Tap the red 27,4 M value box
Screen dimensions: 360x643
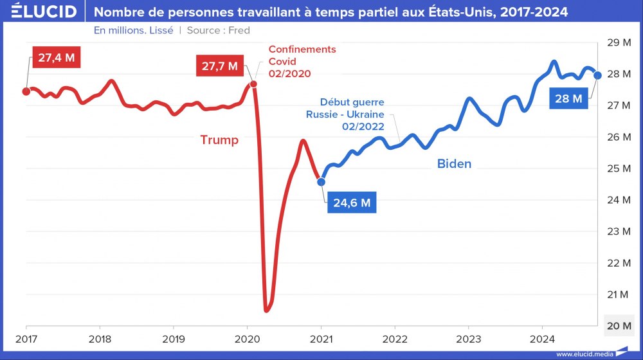click(56, 58)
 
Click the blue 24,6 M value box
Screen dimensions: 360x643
click(352, 203)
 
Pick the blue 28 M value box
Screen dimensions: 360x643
click(568, 98)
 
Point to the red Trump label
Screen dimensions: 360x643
click(219, 139)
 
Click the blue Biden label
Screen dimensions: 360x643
click(454, 164)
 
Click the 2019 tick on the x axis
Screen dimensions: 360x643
click(174, 339)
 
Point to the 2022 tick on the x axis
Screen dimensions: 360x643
click(395, 339)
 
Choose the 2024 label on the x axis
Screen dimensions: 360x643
click(542, 339)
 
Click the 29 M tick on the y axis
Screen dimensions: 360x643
click(617, 43)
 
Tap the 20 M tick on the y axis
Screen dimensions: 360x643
click(617, 326)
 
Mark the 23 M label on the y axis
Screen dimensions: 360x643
click(617, 231)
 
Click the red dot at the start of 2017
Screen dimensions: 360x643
click(26, 91)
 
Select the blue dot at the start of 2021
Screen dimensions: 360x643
click(321, 182)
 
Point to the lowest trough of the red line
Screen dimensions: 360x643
click(267, 310)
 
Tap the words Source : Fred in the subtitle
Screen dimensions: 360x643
click(218, 30)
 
